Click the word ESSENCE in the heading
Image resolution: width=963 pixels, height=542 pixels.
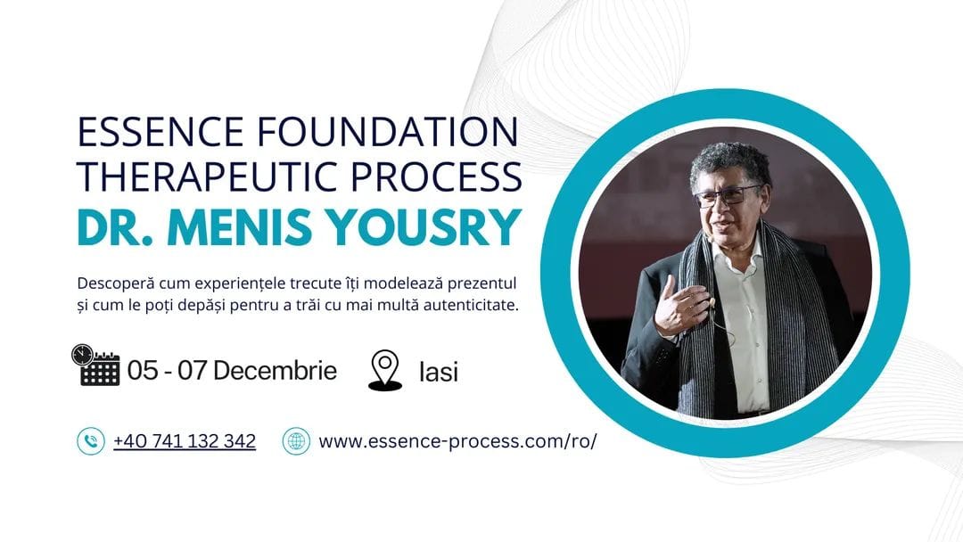pyautogui.click(x=160, y=131)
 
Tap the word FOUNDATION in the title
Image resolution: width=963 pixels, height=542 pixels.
pyautogui.click(x=388, y=131)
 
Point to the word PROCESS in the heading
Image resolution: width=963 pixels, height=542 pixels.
pyautogui.click(x=437, y=177)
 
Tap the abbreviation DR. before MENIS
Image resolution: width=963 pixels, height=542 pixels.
pyautogui.click(x=115, y=227)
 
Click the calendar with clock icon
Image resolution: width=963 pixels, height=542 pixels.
pyautogui.click(x=95, y=365)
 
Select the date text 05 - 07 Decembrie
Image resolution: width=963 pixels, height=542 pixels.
pyautogui.click(x=232, y=370)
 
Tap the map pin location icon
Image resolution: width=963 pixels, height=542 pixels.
pyautogui.click(x=385, y=370)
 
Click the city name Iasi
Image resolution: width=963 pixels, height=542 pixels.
pyautogui.click(x=439, y=372)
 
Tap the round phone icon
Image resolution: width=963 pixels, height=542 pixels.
pyautogui.click(x=91, y=440)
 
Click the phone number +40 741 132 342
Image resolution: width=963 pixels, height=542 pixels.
pyautogui.click(x=185, y=440)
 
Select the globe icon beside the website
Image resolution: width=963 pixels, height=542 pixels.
pyautogui.click(x=296, y=440)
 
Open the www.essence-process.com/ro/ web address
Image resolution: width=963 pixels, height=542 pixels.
pyautogui.click(x=457, y=441)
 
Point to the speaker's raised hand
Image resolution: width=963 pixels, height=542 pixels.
pyautogui.click(x=680, y=305)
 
